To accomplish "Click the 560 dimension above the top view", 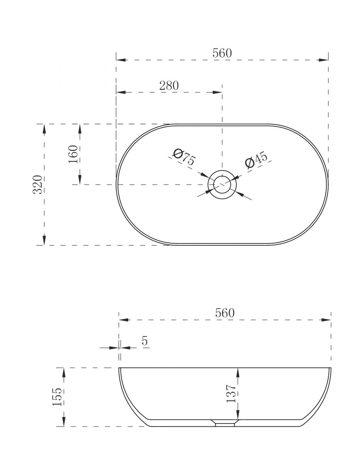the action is pyautogui.click(x=222, y=53).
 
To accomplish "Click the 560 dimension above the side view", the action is pyautogui.click(x=225, y=313).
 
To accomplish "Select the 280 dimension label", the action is pyautogui.click(x=169, y=86).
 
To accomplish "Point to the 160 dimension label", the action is pyautogui.click(x=73, y=154).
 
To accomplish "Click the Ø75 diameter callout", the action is pyautogui.click(x=184, y=157).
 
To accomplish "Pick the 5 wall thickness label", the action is pyautogui.click(x=145, y=341).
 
